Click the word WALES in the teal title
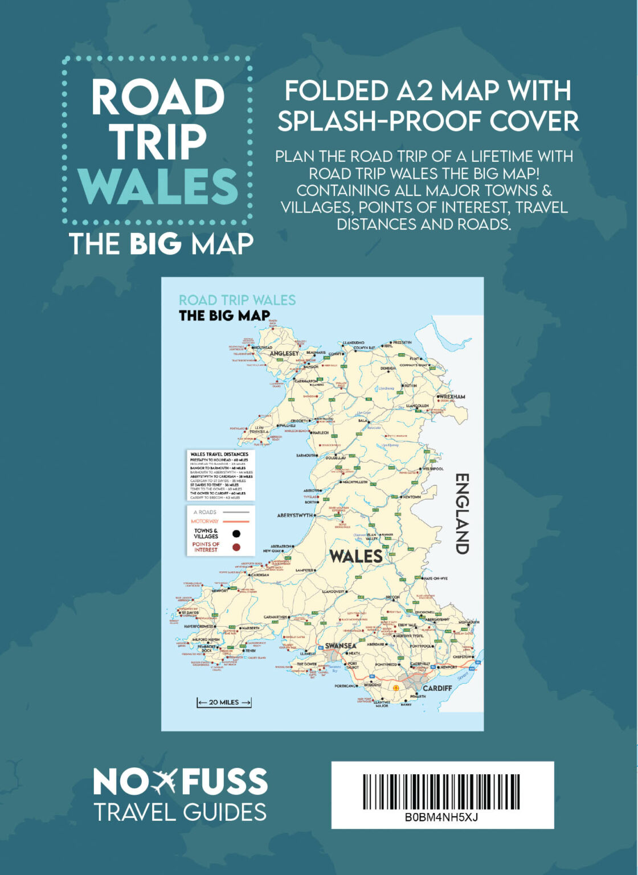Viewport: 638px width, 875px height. [x=158, y=186]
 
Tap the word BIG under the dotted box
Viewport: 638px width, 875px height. [x=155, y=244]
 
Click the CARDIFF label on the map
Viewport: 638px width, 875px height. [x=437, y=688]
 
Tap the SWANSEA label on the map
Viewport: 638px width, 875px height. [x=341, y=646]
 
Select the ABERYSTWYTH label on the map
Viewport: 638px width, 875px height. [x=295, y=516]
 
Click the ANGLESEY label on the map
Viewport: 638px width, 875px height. [x=284, y=353]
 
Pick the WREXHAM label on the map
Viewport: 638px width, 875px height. [x=452, y=396]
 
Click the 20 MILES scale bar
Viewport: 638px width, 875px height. [x=224, y=702]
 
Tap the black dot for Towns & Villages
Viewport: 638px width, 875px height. [x=236, y=534]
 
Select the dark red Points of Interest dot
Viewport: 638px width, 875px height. [x=236, y=547]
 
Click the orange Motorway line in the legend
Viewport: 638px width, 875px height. [x=236, y=521]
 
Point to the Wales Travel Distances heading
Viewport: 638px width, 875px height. [x=219, y=455]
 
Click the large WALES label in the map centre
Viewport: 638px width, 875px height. [x=356, y=556]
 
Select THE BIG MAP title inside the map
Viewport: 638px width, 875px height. [x=224, y=316]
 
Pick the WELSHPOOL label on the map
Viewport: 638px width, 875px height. [x=432, y=469]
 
